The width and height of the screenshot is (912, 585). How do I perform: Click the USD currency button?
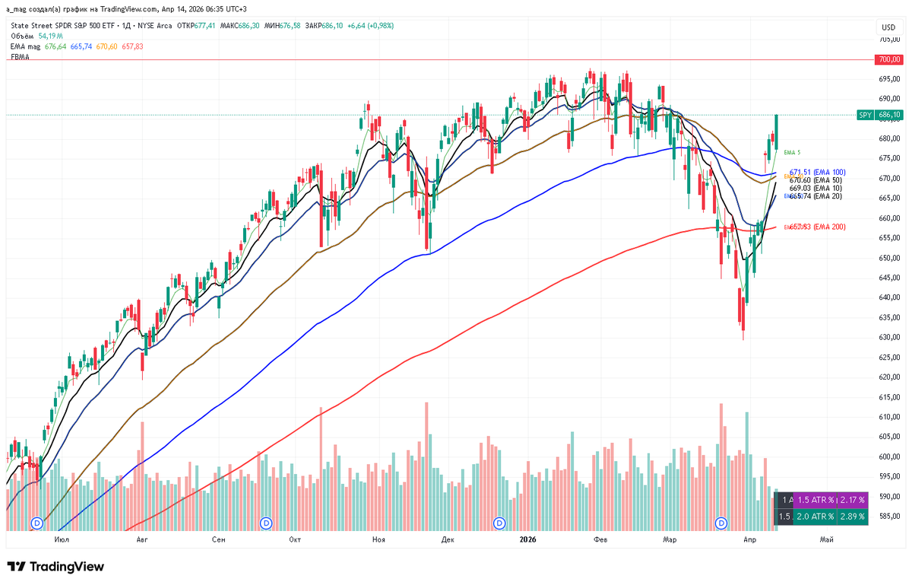coord(886,25)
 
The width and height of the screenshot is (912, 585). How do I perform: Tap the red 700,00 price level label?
coord(888,59)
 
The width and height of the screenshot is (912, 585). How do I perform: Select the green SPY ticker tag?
coord(864,115)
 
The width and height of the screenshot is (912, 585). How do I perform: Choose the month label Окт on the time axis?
coord(296,539)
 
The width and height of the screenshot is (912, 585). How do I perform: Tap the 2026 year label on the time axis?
coord(527,539)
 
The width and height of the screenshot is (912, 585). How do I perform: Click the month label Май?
coord(826,539)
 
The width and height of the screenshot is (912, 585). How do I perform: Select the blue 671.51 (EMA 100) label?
coord(817,173)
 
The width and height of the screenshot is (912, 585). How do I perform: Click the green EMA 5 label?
coord(792,153)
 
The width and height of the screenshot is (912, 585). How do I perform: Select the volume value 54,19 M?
coord(50,36)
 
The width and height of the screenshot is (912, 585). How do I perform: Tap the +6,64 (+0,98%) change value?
coord(371,25)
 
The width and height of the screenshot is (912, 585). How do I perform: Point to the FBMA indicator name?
coord(20,57)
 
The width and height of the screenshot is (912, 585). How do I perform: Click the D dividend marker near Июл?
coord(38,523)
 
